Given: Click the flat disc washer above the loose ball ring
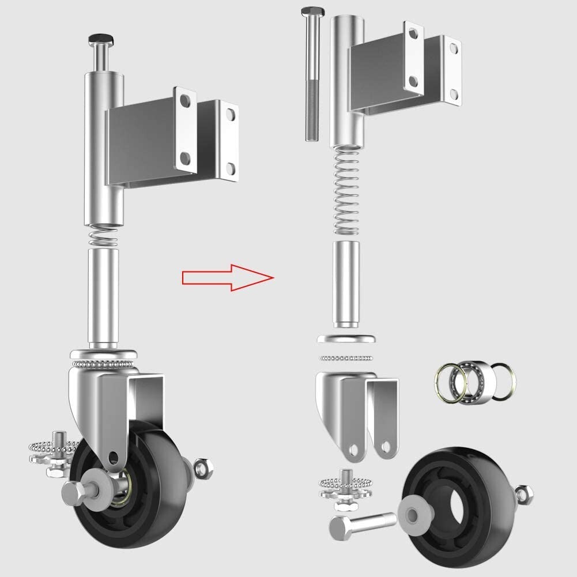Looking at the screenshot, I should click(x=346, y=339).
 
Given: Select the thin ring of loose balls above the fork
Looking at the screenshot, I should click(x=346, y=358).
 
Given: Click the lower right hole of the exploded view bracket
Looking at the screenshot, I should click(x=454, y=94).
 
